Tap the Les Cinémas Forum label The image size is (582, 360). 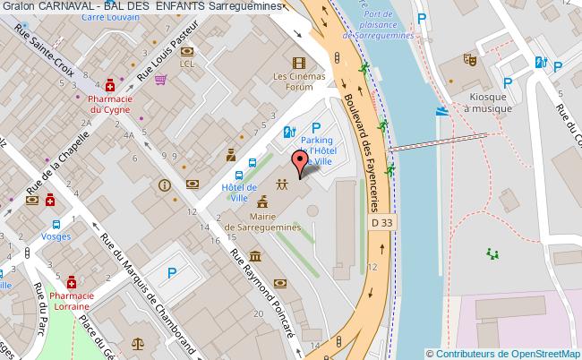[x=299, y=82]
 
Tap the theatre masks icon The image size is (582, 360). [x=467, y=61]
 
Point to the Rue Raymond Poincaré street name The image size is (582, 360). [x=265, y=293]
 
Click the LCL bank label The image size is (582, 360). [x=187, y=64]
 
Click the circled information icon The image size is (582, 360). [x=164, y=185]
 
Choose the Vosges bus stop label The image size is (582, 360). [x=56, y=236]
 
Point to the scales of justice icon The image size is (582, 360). [x=138, y=341]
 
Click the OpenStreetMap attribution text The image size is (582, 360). [x=506, y=354]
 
